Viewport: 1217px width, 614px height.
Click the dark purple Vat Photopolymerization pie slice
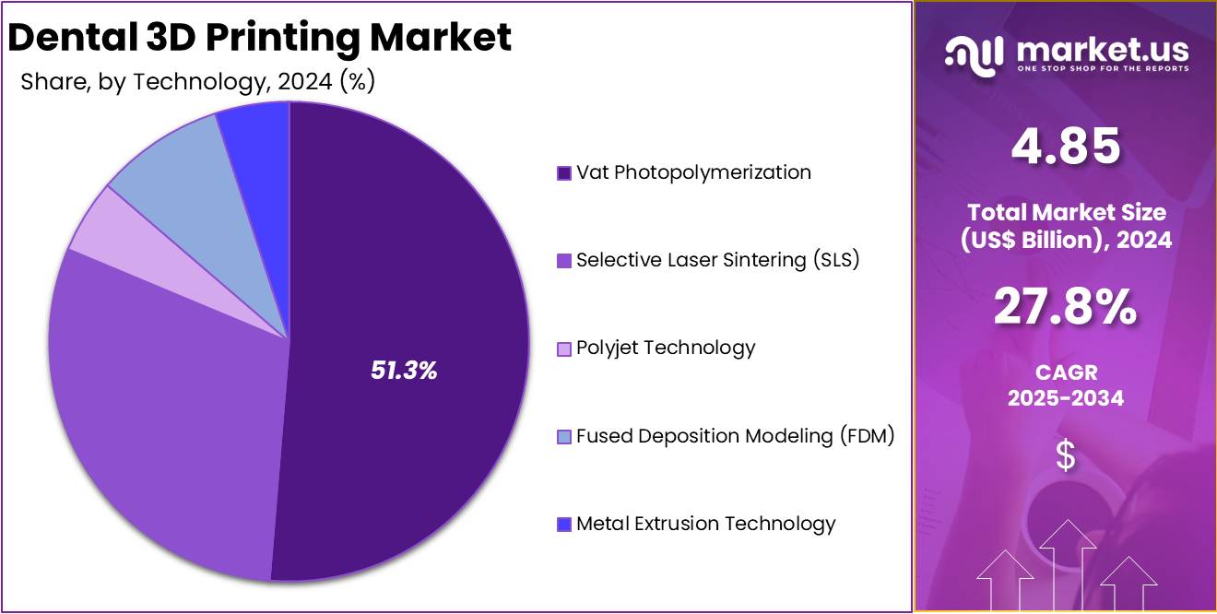pos(415,277)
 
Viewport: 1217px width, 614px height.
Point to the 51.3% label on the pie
pos(404,371)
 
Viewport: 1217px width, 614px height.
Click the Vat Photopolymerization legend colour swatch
pos(564,173)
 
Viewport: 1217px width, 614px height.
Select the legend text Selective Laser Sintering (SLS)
pos(717,260)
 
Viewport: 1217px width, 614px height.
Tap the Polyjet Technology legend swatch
pos(564,349)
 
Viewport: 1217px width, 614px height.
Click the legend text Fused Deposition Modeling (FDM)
pos(735,436)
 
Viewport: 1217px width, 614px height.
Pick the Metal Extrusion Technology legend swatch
pos(564,525)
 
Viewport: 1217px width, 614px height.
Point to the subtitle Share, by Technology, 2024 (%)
pos(197,82)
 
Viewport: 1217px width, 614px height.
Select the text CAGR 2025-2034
pos(1065,385)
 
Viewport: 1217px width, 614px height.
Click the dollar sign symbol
pos(1065,455)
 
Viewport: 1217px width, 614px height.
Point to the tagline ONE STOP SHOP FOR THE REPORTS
pos(1103,69)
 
